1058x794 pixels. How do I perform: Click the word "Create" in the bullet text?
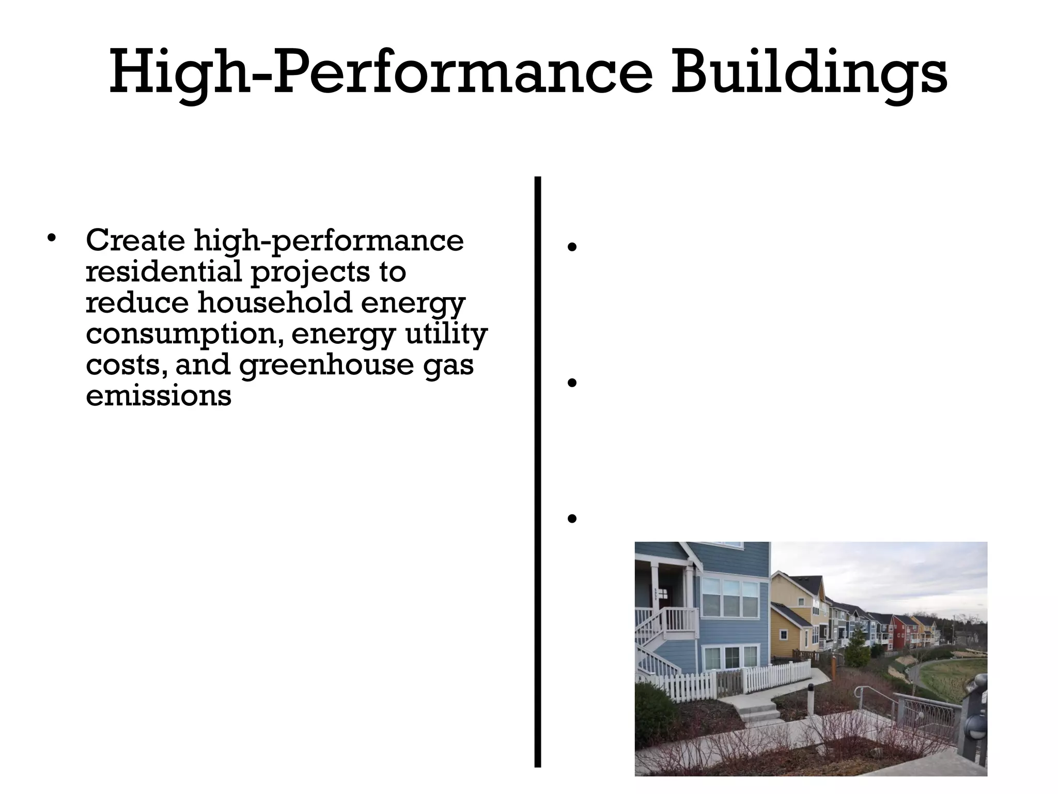(135, 240)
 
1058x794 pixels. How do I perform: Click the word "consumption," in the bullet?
(184, 334)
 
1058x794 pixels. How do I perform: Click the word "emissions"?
(159, 395)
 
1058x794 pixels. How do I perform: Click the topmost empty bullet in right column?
(571, 247)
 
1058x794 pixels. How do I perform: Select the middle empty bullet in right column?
(571, 383)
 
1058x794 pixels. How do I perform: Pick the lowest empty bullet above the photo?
(571, 518)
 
